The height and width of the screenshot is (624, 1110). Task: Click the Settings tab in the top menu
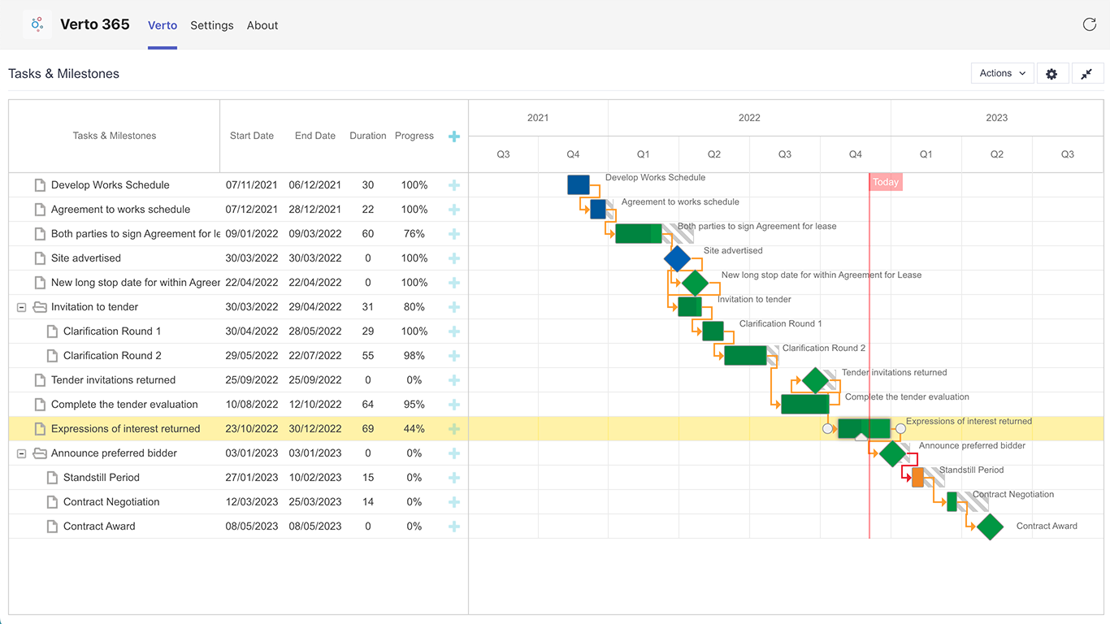(212, 25)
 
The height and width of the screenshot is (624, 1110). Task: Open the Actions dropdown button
(1002, 73)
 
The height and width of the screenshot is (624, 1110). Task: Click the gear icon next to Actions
(1051, 74)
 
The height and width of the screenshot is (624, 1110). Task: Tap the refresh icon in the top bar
(1090, 24)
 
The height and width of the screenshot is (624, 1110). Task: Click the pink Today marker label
(886, 182)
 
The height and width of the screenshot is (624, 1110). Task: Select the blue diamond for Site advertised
(677, 258)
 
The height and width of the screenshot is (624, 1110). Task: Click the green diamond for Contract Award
(990, 526)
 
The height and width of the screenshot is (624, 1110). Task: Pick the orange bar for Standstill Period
(917, 478)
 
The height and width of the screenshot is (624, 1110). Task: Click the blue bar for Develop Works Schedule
(578, 185)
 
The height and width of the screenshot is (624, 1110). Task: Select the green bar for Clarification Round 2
(745, 356)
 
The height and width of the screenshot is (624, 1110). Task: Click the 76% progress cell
(414, 234)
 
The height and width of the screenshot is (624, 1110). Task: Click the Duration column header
(368, 136)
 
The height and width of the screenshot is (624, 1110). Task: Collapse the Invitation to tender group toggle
(22, 307)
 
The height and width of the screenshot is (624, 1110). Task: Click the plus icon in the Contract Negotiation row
(454, 502)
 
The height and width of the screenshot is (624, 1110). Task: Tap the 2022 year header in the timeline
(749, 118)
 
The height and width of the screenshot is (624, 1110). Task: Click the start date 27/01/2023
(252, 478)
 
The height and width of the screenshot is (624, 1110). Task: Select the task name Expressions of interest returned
(125, 429)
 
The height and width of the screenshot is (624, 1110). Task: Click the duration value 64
(368, 405)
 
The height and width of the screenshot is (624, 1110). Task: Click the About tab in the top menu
(262, 25)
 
